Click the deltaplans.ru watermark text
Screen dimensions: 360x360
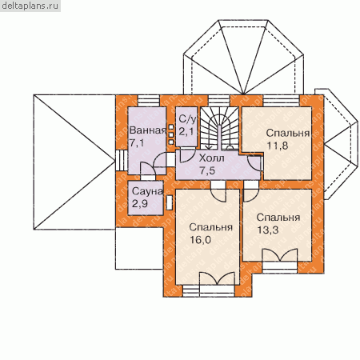coord(30,6)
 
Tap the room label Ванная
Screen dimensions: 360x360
coord(148,130)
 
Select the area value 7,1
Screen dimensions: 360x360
coord(137,142)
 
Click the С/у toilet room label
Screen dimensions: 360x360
coord(187,119)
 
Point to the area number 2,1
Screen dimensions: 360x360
coord(186,131)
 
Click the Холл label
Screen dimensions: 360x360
coord(212,158)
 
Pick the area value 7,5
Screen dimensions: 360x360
coord(207,170)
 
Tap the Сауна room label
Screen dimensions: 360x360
coord(147,191)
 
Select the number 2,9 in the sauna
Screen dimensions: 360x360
coord(140,204)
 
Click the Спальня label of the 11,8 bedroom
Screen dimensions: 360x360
coord(288,133)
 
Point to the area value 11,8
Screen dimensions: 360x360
coord(278,146)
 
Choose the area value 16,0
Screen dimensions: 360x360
coord(200,240)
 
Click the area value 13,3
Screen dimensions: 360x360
coord(268,230)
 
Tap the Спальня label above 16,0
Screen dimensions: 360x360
coord(210,227)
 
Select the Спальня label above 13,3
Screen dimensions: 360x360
coord(278,218)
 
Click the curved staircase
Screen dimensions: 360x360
coord(219,128)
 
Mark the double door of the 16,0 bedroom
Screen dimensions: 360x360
coord(217,278)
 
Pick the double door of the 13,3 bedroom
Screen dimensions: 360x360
coord(280,255)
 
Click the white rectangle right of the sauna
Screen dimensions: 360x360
coord(169,202)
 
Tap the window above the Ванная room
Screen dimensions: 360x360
coord(149,101)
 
